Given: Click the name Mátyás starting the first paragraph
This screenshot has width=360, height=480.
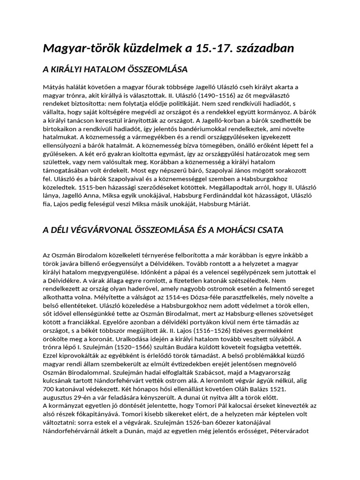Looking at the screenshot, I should [54, 87].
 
